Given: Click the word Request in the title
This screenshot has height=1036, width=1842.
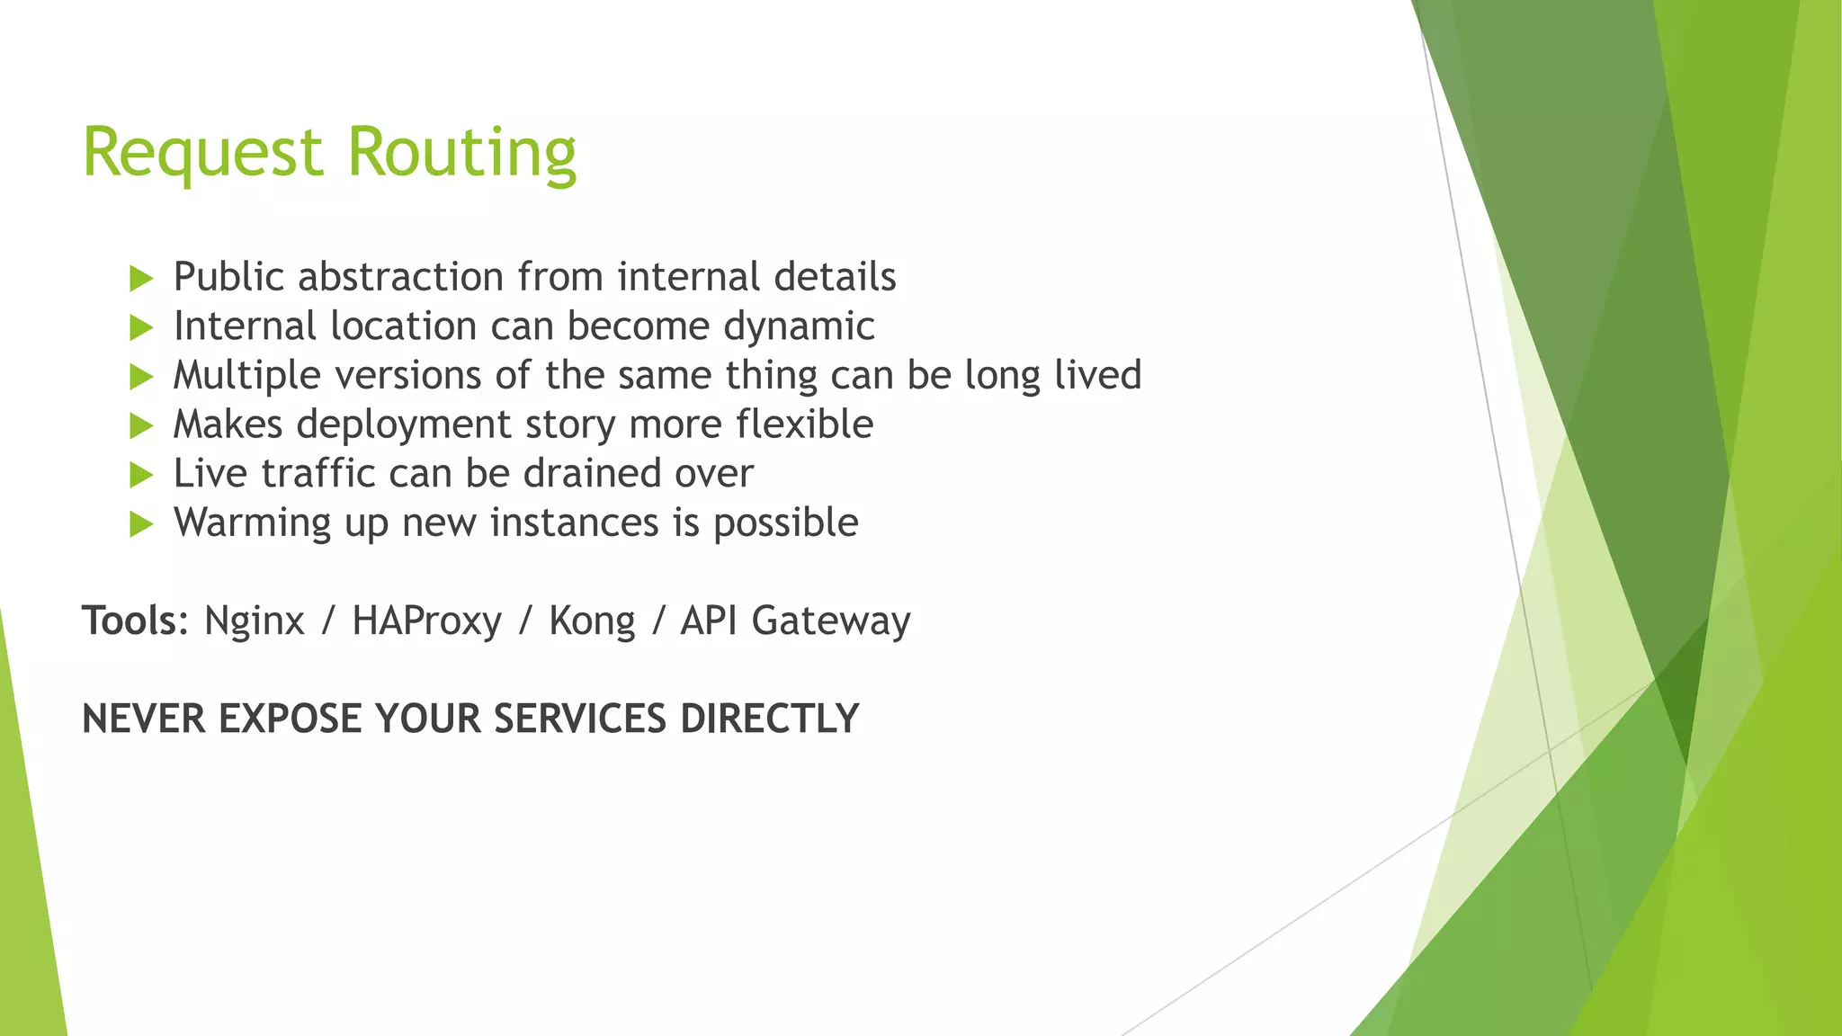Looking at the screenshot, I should [x=202, y=153].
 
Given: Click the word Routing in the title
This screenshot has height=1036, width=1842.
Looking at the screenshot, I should [x=461, y=153].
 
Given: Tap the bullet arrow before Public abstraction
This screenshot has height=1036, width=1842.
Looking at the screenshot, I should [x=141, y=278].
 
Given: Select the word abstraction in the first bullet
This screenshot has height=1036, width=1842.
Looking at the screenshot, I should [x=400, y=277].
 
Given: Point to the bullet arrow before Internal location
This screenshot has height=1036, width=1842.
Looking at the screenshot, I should [x=141, y=327].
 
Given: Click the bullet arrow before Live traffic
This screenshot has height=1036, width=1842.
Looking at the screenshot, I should [x=141, y=475].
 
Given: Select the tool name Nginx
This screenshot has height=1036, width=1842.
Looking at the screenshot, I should [x=255, y=621].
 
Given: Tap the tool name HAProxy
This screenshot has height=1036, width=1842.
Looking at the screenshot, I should [x=426, y=621].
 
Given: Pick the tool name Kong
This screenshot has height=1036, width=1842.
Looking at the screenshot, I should [x=592, y=621].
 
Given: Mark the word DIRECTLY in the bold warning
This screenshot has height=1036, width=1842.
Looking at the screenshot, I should [x=769, y=719].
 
